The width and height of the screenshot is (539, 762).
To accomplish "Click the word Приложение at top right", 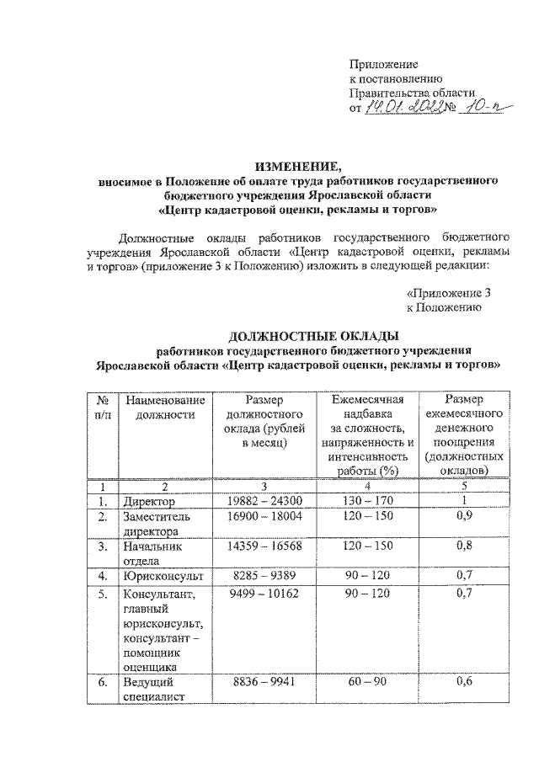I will pos(384,64).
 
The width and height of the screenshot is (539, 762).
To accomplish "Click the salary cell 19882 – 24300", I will pos(265,502).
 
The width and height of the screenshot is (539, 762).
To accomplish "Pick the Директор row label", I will pos(151,502).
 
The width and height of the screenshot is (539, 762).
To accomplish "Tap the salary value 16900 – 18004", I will pos(265,516).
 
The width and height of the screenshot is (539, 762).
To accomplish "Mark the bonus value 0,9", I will pos(464,516).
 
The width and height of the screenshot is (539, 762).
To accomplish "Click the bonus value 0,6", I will pos(464,683).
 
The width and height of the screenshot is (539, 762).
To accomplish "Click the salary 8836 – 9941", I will pos(265,683).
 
